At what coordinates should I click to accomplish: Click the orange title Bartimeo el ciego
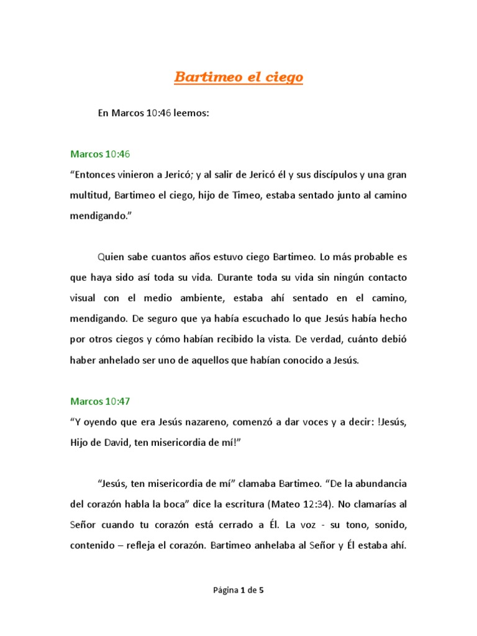238,78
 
